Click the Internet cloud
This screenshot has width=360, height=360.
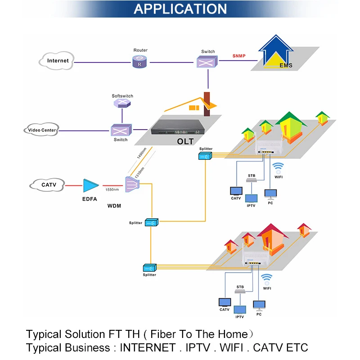click(x=58, y=60)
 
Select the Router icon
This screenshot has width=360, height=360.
click(x=140, y=62)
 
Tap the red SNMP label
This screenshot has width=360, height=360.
click(x=239, y=56)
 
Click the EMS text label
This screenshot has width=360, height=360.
click(x=286, y=66)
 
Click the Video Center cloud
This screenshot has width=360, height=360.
click(x=42, y=130)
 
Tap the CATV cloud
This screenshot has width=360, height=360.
click(x=48, y=185)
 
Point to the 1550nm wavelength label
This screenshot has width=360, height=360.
click(x=112, y=190)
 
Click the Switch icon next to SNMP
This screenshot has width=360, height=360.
click(x=207, y=62)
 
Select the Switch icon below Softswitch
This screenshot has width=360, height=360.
click(x=121, y=130)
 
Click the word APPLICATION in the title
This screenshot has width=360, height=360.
click(x=180, y=9)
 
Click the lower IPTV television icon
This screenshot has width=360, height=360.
click(x=240, y=310)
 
